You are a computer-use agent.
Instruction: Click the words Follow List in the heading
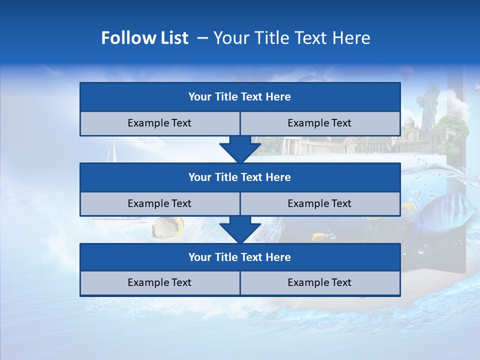click(145, 38)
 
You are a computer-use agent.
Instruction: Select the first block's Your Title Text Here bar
click(240, 97)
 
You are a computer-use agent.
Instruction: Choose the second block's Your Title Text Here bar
click(240, 177)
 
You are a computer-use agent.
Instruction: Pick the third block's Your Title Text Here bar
click(240, 257)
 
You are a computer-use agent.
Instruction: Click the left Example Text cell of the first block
click(159, 123)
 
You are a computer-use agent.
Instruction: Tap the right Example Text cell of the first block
click(320, 123)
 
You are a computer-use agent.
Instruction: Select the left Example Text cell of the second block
click(159, 203)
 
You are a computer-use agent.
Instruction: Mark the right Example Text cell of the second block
click(320, 203)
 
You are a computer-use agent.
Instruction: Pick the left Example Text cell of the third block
click(159, 282)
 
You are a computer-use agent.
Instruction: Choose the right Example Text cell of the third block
click(320, 282)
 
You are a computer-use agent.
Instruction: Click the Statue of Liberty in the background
click(428, 105)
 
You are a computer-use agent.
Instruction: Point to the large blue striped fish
click(445, 212)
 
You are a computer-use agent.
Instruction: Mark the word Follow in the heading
click(119, 38)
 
